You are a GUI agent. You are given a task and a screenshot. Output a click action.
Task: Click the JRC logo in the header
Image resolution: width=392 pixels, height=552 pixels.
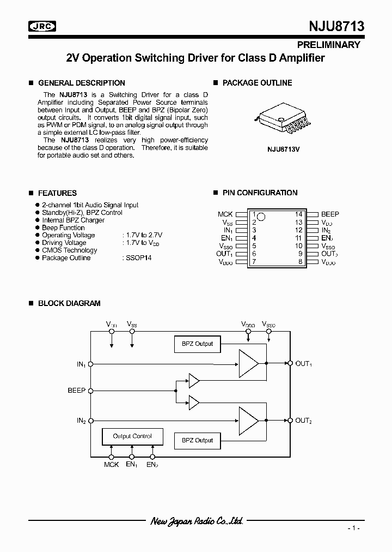point(41,26)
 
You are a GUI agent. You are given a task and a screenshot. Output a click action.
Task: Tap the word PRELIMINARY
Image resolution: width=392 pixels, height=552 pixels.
point(328,45)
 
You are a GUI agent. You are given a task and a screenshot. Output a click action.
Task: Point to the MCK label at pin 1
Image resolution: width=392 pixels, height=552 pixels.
point(225,214)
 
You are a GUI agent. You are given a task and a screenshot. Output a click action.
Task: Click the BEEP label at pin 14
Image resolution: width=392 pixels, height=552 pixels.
point(330,214)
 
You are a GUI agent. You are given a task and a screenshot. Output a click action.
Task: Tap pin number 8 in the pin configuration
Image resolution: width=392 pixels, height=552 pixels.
point(300,262)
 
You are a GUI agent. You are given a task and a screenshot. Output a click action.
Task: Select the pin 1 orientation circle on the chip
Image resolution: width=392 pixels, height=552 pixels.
point(261,217)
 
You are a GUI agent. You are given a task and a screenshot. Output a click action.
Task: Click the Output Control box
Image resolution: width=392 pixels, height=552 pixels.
point(132,436)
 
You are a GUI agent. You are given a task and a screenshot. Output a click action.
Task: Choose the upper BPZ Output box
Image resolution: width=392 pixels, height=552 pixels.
point(197,344)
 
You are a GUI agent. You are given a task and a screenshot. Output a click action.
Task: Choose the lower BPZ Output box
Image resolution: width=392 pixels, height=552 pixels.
point(197,440)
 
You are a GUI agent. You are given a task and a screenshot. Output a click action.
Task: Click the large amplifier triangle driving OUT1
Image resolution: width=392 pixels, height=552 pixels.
point(248,363)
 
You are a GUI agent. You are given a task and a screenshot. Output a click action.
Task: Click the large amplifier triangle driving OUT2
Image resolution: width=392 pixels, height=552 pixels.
point(248,421)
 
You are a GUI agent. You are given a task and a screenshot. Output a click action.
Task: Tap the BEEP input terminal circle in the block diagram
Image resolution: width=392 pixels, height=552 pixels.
point(90,391)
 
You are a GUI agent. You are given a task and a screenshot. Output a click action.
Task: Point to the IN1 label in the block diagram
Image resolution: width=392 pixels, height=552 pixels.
point(81,364)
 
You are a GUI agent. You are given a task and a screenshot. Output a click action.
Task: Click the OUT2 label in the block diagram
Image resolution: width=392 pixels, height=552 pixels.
point(303,421)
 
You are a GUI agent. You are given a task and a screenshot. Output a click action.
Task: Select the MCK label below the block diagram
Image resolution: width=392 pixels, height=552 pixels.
point(111,464)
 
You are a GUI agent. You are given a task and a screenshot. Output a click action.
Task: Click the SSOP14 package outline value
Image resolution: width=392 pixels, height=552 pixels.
point(137,258)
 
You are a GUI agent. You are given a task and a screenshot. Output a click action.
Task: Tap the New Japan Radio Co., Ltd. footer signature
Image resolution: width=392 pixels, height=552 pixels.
point(197,521)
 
